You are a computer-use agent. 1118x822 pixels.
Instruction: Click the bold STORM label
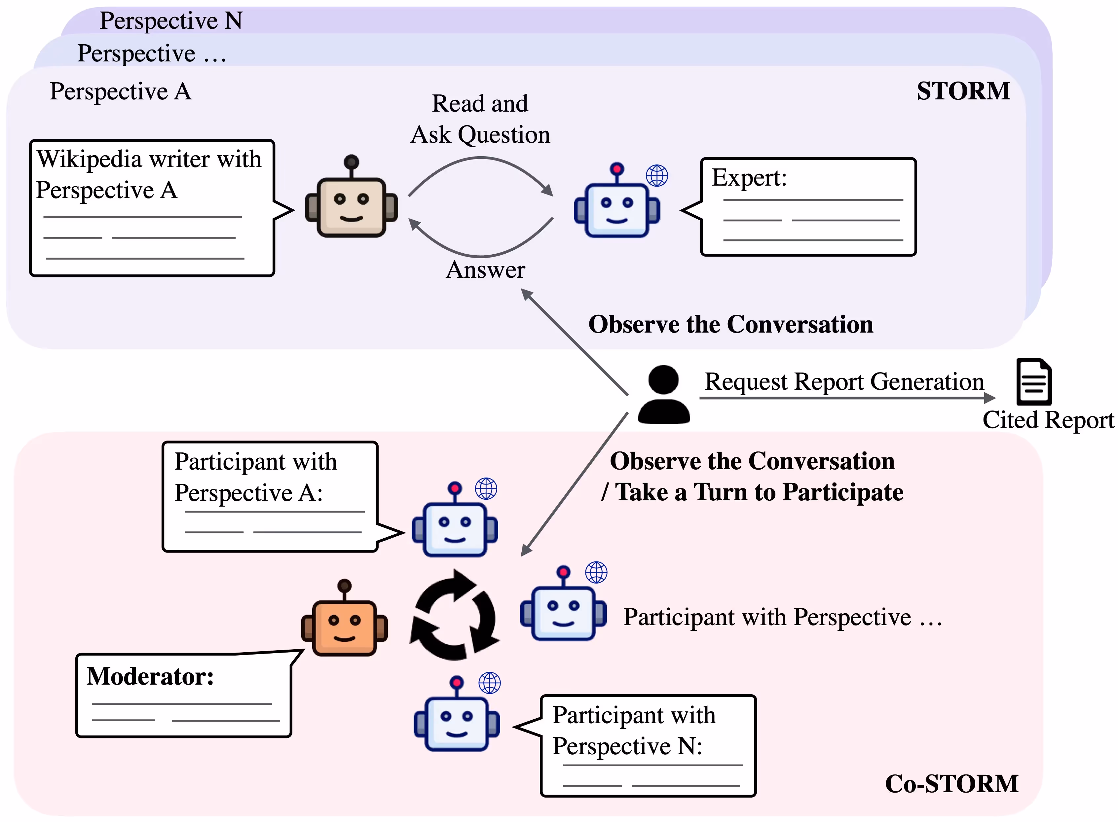coord(963,91)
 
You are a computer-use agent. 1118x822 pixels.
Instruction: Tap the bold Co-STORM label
coord(951,784)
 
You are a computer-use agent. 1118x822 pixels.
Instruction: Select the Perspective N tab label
coord(171,21)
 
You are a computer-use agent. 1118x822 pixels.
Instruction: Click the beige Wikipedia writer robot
coord(352,196)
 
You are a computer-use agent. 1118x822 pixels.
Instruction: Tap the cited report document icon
coord(1034,382)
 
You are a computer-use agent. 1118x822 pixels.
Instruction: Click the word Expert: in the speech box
coord(749,178)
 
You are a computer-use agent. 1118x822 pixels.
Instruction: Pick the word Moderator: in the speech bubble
coord(150,676)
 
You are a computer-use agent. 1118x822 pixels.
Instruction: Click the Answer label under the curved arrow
coord(485,270)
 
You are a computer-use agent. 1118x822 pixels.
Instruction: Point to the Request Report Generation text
coord(844,382)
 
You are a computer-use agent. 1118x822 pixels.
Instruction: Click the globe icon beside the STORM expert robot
coord(657,176)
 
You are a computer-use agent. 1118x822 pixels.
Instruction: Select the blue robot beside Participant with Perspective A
coord(455,519)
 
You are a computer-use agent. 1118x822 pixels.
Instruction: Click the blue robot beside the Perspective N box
coord(457,713)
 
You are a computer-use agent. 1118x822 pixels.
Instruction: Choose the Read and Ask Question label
coord(480,120)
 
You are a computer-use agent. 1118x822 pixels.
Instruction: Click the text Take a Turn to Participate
coord(759,492)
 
